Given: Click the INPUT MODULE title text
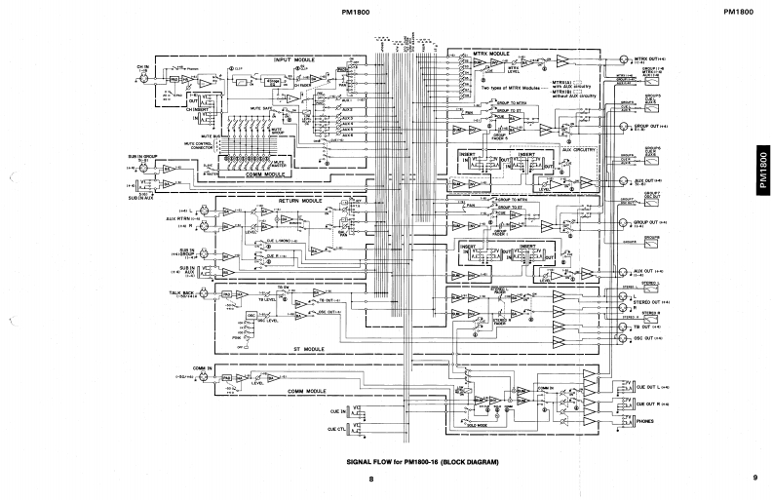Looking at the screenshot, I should pyautogui.click(x=291, y=58).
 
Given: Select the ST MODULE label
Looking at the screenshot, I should pyautogui.click(x=310, y=347).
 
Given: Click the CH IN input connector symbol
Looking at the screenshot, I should pyautogui.click(x=145, y=78).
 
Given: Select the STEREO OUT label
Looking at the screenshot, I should pyautogui.click(x=649, y=304).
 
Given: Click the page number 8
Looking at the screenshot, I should pyautogui.click(x=370, y=478).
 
